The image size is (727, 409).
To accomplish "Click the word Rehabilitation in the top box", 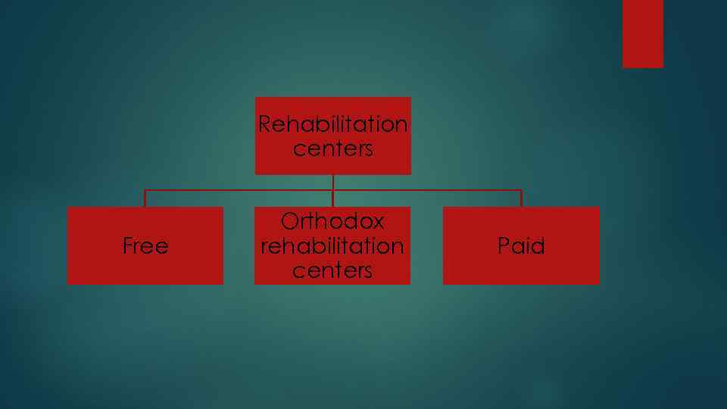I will coord(332,123).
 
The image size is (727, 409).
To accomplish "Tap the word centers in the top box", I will coord(332,148).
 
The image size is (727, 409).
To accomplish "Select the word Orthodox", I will coord(332,221).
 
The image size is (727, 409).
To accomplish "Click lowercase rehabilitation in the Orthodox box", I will coord(332,246).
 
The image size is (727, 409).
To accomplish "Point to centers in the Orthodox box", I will coord(332,270).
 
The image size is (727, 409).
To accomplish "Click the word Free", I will coord(145,246).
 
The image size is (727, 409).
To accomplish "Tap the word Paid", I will coord(521,246).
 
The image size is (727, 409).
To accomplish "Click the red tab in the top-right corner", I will coord(643,33).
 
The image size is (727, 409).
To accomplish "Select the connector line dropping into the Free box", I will coord(145,198).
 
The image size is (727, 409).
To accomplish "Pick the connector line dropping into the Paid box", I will coord(521,198).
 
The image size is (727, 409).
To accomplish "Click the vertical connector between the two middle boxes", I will coord(333,190).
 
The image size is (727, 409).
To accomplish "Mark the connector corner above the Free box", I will coord(145,190).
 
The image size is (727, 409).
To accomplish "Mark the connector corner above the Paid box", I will coord(521,190).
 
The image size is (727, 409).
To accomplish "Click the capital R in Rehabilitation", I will coord(265,123).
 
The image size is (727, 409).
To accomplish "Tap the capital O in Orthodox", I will coord(289,221).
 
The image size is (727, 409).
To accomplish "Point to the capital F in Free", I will coord(127,246).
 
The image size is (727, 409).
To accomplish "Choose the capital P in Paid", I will coord(504,246).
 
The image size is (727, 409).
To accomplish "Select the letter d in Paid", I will coord(538,246).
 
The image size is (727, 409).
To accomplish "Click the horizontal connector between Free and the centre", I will coord(239,190).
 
